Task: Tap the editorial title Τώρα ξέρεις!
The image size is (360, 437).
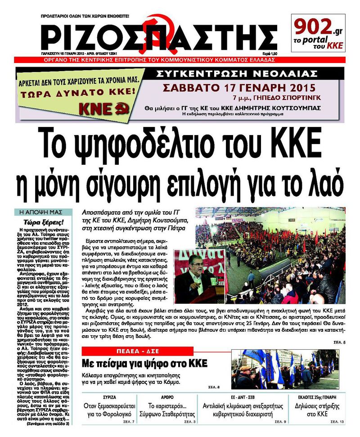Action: (x=44, y=222)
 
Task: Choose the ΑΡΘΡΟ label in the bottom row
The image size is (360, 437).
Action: (x=154, y=398)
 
